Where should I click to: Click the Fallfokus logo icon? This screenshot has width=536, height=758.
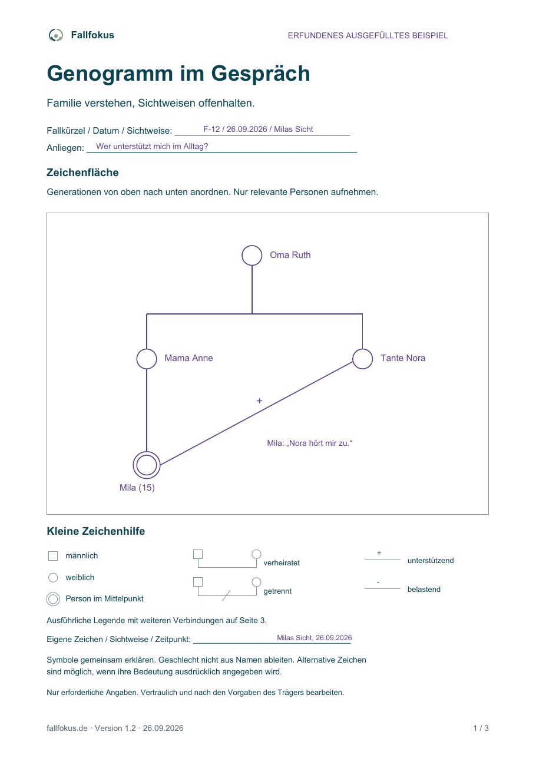pyautogui.click(x=56, y=35)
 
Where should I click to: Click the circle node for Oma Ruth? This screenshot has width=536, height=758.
pyautogui.click(x=252, y=246)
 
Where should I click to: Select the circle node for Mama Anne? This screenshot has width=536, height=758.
pyautogui.click(x=147, y=349)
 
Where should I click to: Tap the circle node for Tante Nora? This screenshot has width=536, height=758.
pyautogui.click(x=362, y=349)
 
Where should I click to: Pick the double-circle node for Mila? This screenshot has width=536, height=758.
pyautogui.click(x=147, y=452)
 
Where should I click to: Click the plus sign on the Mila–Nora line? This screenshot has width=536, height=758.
pyautogui.click(x=259, y=400)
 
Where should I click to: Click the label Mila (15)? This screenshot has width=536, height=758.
pyautogui.click(x=137, y=488)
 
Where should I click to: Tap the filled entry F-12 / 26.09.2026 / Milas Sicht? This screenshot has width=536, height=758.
pyautogui.click(x=258, y=129)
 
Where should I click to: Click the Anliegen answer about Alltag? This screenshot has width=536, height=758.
pyautogui.click(x=152, y=146)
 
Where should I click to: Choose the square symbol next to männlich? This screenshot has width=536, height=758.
pyautogui.click(x=53, y=555)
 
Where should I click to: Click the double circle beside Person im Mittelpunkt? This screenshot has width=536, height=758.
pyautogui.click(x=53, y=592)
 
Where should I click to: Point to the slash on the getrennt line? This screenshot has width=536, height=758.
pyautogui.click(x=226, y=595)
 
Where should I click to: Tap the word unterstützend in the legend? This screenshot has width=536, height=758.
pyautogui.click(x=431, y=560)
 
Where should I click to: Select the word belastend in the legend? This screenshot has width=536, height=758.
pyautogui.click(x=423, y=589)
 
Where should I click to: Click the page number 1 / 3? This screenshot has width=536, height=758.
pyautogui.click(x=481, y=728)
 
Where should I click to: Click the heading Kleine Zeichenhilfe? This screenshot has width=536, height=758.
pyautogui.click(x=96, y=531)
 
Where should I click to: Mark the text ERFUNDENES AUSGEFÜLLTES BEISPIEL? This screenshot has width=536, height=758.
pyautogui.click(x=368, y=35)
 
